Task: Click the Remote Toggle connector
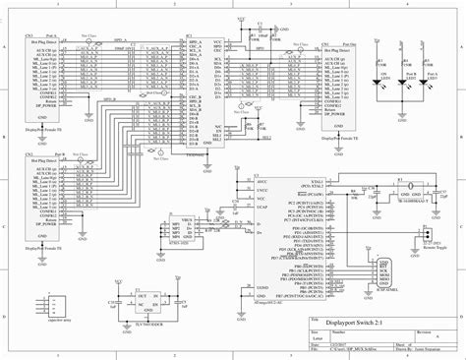tap(425, 236)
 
